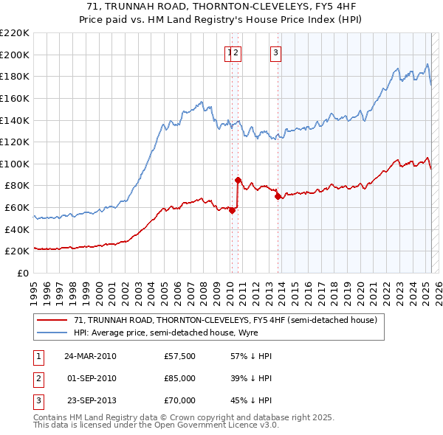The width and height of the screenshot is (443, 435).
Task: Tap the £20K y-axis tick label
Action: tap(17, 251)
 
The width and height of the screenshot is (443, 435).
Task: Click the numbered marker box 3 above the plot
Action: tap(275, 52)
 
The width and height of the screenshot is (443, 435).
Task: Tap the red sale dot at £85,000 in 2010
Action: tap(238, 180)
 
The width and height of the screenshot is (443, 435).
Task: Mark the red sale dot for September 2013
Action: tap(278, 196)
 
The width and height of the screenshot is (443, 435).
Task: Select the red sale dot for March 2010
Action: tap(232, 210)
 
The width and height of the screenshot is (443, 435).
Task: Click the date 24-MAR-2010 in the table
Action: tap(90, 356)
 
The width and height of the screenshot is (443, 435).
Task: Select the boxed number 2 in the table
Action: tap(37, 378)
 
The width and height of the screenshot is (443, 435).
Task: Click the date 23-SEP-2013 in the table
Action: tap(90, 400)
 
